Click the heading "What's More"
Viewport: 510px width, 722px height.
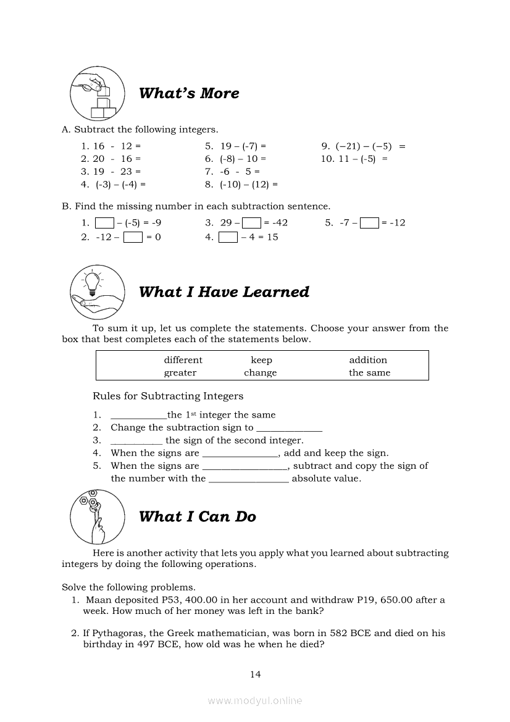click(189, 93)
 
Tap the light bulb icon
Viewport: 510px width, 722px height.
click(93, 280)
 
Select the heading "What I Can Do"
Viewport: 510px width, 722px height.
click(198, 517)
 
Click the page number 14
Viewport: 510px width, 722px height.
click(256, 674)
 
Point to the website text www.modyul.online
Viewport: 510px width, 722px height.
click(255, 700)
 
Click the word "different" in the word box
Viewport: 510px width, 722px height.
click(183, 360)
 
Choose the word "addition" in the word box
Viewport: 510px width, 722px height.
click(368, 360)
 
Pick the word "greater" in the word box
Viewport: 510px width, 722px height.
click(180, 373)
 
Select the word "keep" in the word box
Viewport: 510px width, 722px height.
click(261, 360)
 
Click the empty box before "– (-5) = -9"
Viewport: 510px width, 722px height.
click(105, 223)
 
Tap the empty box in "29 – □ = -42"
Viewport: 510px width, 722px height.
click(251, 223)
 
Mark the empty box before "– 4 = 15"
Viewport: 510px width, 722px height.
click(228, 237)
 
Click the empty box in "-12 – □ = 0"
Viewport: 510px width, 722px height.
click(133, 237)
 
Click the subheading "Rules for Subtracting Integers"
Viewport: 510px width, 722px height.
click(168, 396)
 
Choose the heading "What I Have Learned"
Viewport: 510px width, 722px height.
click(224, 292)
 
